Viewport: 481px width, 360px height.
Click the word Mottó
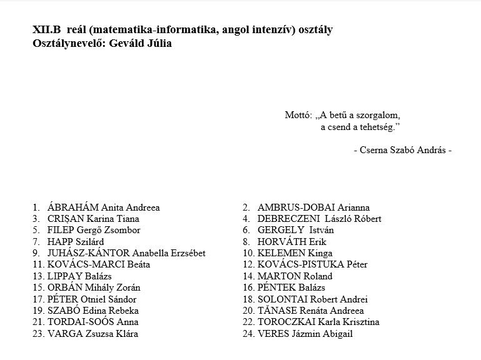click(x=298, y=116)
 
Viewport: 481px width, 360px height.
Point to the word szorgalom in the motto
click(x=377, y=116)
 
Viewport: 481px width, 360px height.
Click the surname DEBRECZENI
click(x=287, y=219)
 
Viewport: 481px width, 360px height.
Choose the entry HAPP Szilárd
click(x=76, y=242)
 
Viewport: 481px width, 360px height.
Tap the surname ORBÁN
click(x=64, y=287)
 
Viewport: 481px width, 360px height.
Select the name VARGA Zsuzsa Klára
click(x=93, y=334)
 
